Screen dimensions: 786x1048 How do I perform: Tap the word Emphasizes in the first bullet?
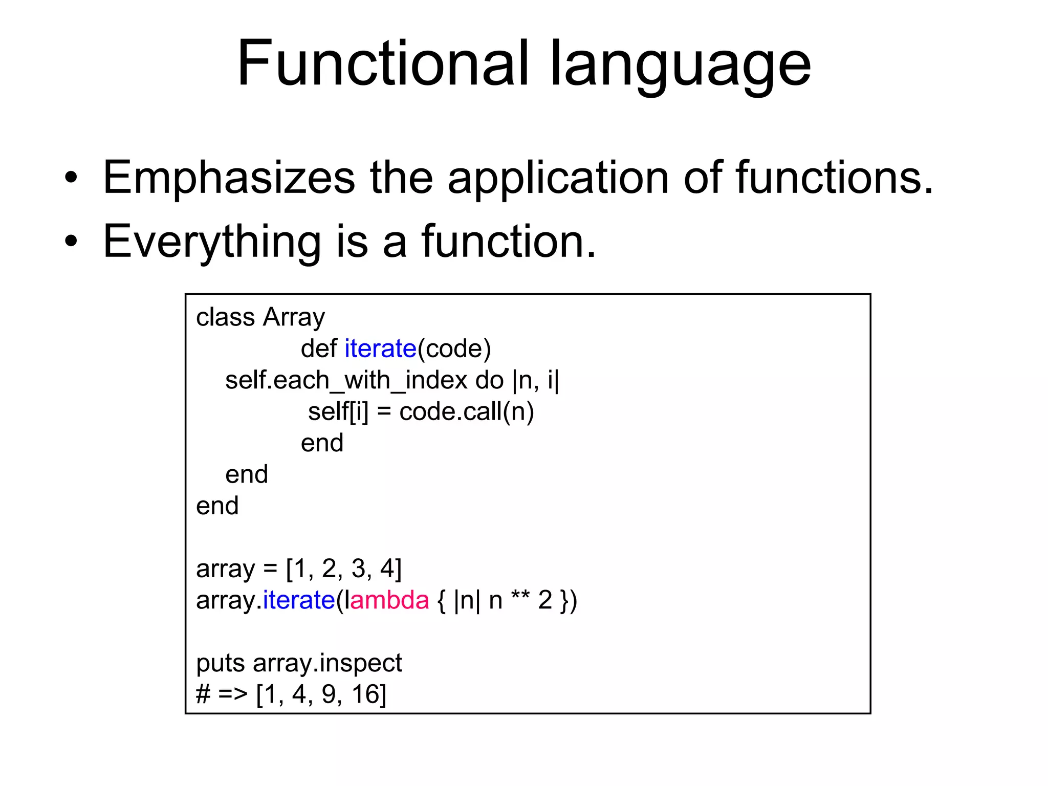[x=229, y=178]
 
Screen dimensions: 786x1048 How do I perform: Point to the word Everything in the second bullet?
[x=212, y=243]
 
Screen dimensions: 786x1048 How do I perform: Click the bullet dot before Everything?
[x=71, y=242]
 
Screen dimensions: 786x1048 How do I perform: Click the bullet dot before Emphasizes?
[x=71, y=178]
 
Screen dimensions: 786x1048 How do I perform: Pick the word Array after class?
[x=294, y=318]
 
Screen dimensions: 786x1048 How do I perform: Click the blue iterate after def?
[x=380, y=349]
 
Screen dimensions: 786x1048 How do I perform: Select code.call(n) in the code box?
[x=466, y=412]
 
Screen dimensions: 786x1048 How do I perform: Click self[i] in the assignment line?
[x=338, y=412]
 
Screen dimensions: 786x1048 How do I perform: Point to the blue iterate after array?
[x=299, y=600]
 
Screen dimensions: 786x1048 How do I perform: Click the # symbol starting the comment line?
[x=203, y=695]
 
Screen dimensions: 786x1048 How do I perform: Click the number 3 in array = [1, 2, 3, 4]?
[x=358, y=569]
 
